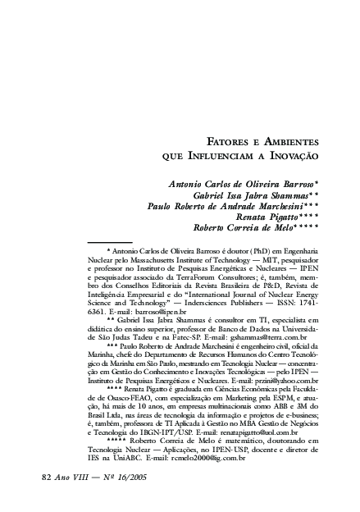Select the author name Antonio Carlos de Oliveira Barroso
pyautogui.click(x=243, y=186)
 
